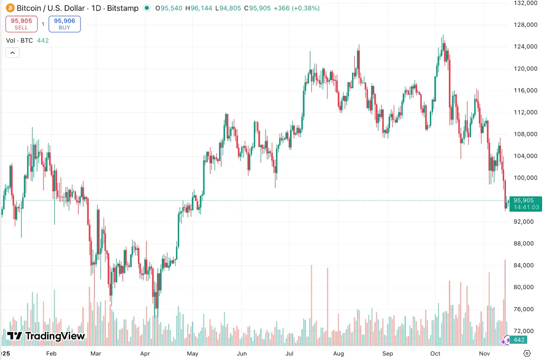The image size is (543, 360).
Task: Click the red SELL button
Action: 21,24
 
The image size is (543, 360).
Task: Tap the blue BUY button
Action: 65,24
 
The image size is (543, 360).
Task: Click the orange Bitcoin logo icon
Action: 10,8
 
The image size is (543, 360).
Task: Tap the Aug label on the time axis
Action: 338,353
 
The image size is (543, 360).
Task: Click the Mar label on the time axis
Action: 95,353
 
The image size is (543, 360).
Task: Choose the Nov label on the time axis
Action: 485,353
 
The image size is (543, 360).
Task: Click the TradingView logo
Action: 46,336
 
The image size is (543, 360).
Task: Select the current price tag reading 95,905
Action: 524,200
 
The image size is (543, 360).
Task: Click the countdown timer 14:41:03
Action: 524,207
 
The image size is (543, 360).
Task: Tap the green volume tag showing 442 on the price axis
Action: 519,340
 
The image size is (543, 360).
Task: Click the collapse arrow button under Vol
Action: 12,53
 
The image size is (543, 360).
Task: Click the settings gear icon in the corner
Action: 527,353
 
